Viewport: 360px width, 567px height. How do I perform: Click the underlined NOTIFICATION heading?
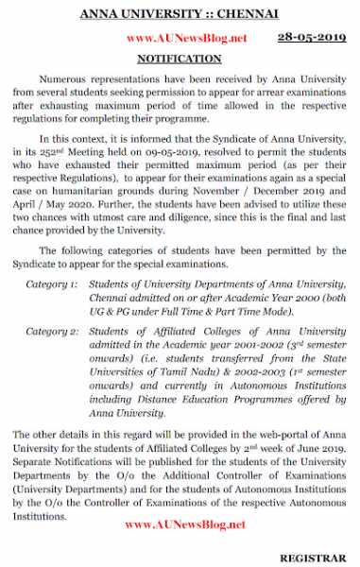[x=180, y=59]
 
